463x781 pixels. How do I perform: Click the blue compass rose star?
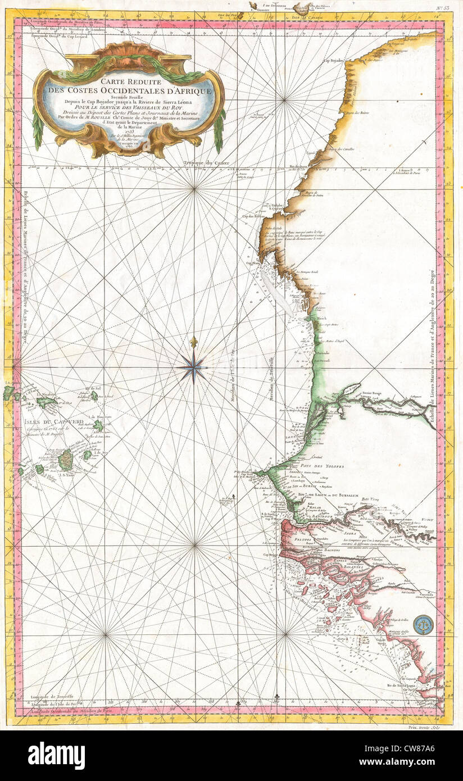click(x=194, y=368)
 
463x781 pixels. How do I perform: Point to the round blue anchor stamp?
click(x=423, y=624)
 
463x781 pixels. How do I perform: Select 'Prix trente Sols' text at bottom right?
click(x=428, y=728)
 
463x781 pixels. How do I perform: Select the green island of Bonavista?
click(x=99, y=425)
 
